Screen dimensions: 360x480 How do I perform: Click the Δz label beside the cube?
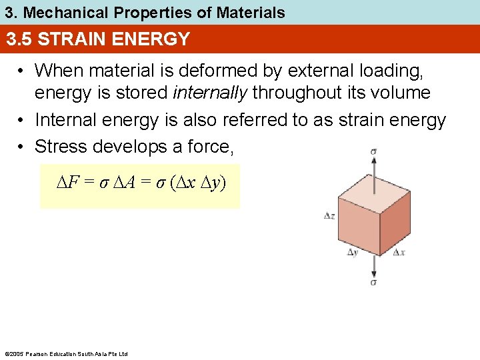329,217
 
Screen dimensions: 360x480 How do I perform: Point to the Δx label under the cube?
399,253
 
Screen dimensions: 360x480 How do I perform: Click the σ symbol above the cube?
373,151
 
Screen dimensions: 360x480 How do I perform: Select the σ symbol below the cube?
373,283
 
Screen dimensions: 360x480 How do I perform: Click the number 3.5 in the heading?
20,39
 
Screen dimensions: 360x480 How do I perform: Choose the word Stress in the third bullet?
62,146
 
